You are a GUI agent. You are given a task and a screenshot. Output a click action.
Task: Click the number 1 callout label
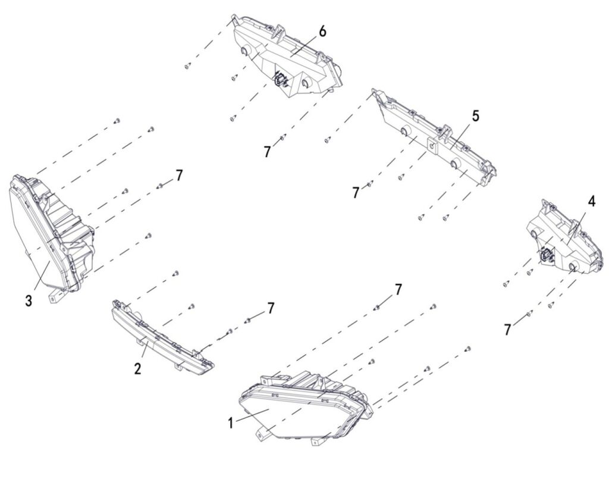click(x=231, y=423)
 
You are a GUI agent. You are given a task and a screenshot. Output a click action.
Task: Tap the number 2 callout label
click(x=138, y=368)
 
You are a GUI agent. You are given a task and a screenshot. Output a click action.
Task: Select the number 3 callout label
click(x=29, y=301)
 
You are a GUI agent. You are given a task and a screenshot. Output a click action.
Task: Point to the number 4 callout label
click(x=591, y=201)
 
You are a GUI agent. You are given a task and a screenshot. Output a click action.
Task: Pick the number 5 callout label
click(x=475, y=116)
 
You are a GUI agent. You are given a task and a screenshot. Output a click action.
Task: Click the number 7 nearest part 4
click(x=508, y=330)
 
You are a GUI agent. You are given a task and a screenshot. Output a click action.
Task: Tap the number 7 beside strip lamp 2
click(x=271, y=308)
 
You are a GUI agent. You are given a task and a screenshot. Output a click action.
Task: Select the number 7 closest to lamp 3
click(x=178, y=176)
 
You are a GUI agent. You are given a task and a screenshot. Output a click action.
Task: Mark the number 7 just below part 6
click(x=267, y=152)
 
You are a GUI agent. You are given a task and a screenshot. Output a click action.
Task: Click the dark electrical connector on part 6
click(x=280, y=79)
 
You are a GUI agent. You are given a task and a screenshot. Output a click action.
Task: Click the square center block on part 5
click(x=432, y=145)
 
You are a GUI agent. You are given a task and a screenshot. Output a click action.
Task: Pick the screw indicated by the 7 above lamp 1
click(x=376, y=308)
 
